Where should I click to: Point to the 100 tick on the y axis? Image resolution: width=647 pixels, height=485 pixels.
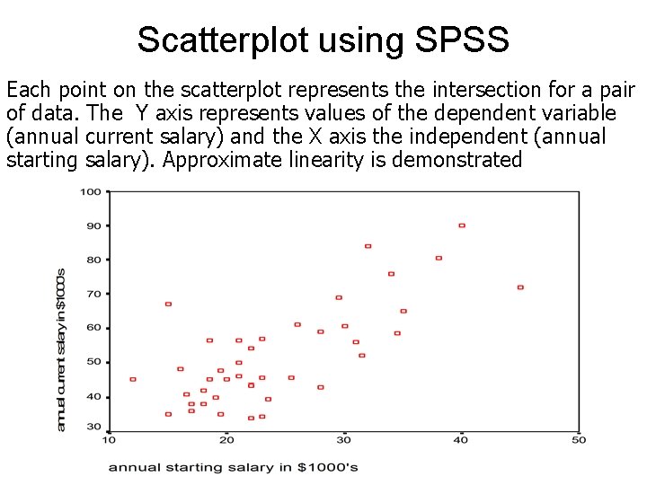point(90,191)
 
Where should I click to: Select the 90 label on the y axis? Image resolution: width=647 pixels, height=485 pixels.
point(93,225)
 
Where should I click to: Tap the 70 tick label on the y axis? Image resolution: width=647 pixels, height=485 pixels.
point(93,294)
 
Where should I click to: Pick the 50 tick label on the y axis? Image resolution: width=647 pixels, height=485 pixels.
point(93,362)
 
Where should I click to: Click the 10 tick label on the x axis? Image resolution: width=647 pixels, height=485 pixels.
point(109,439)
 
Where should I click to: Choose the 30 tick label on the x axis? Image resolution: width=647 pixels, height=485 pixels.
point(343,439)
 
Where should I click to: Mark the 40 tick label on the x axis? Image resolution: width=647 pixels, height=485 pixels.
point(461,439)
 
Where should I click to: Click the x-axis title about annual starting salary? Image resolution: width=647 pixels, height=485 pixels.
point(234,467)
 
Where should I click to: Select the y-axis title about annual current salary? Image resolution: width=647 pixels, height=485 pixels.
point(61,349)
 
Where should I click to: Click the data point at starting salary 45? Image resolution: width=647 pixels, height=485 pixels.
point(520,287)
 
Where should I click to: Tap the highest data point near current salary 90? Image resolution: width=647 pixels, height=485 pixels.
point(462,225)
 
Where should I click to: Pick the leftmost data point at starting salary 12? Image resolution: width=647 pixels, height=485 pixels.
point(133,379)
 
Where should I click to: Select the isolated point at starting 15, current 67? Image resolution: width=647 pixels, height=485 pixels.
point(168,304)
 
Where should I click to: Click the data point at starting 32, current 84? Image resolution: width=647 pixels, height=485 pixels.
point(368,246)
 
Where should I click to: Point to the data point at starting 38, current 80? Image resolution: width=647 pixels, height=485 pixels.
point(439,258)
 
